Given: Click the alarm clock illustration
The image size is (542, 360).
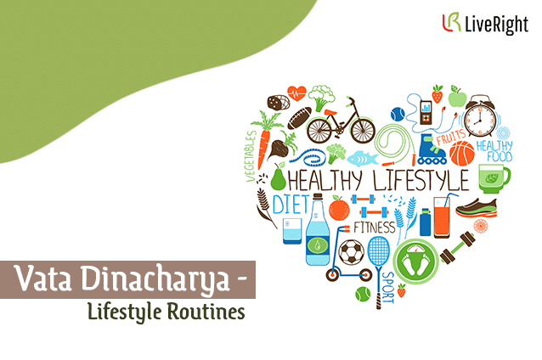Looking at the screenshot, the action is pos(481,116).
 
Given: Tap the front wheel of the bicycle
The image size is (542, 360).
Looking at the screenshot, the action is pos(363,130).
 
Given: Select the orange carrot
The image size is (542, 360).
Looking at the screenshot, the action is pos(265,138).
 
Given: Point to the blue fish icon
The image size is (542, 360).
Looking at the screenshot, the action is pos(362,159).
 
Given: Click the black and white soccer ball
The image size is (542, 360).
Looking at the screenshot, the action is pos(351,252).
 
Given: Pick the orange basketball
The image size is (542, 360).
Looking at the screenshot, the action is pos(462,154).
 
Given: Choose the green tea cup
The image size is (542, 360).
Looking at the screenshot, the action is pos(494,178).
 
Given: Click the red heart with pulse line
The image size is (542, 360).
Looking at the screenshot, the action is pos(296,93).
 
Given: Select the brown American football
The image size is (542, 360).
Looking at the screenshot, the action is pos(299,118).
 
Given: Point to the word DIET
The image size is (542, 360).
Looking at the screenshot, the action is pos(291,205).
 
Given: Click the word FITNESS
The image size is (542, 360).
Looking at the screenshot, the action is pos(375,228).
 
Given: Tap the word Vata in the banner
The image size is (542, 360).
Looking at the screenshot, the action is pos(42,278).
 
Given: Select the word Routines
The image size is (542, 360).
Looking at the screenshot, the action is pos(206,312).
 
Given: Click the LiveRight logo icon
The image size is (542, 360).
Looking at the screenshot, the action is pos(451,22).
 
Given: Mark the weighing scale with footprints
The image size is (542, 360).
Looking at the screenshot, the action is pos(415,262).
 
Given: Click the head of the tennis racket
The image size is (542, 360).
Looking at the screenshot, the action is pos(378,251).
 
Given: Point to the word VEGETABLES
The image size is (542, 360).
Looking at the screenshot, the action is pos(251,156).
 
